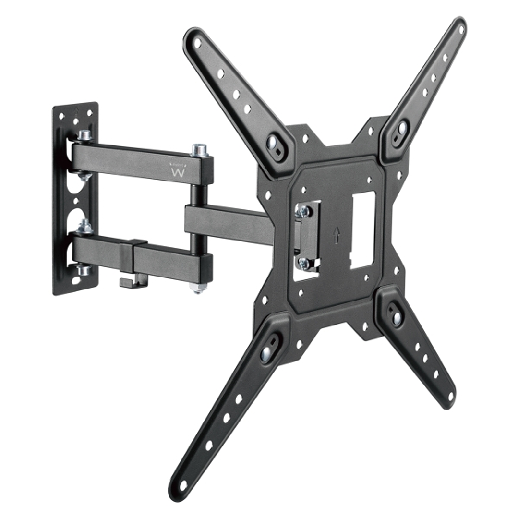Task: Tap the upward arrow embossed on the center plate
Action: click(x=337, y=234)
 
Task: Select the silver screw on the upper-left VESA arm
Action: click(x=272, y=143)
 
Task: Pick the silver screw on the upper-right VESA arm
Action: click(x=401, y=129)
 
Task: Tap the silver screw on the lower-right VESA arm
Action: click(x=397, y=317)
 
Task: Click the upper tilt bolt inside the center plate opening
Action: click(x=303, y=211)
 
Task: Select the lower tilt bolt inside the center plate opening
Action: click(x=303, y=263)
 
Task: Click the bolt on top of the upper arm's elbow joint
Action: click(x=199, y=149)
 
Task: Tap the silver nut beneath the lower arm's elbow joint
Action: click(x=198, y=287)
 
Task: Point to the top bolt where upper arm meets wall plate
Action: click(x=84, y=135)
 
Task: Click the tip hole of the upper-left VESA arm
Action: click(x=197, y=42)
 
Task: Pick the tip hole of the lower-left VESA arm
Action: click(x=183, y=484)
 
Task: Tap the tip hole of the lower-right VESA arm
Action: click(x=450, y=397)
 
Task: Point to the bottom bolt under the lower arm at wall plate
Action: click(x=84, y=269)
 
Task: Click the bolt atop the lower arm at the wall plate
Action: click(x=85, y=226)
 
